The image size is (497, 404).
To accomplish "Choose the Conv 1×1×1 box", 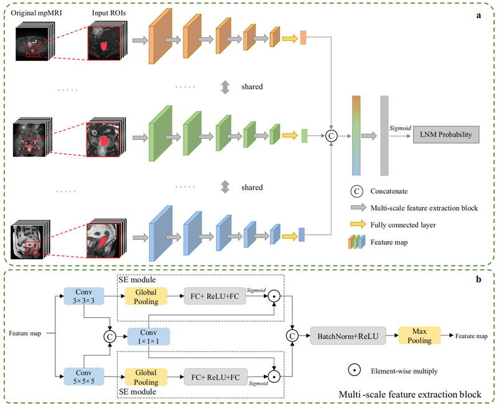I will pos(148,337).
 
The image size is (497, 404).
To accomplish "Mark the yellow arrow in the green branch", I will pos(290,135).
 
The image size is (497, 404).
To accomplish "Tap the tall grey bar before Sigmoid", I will pos(384,135).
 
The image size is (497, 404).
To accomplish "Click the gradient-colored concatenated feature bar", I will pos(356,135).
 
